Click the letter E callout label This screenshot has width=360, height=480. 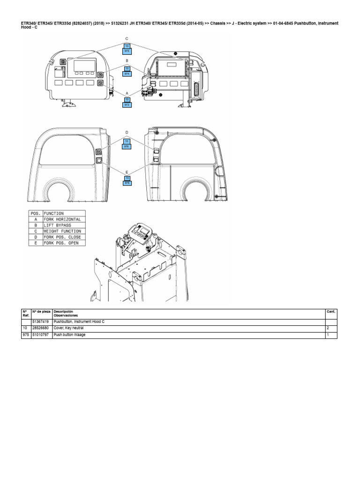click(x=127, y=172)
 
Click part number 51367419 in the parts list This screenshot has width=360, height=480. click(x=41, y=322)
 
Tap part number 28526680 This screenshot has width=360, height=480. click(x=41, y=329)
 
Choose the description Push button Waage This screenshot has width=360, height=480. click(x=70, y=335)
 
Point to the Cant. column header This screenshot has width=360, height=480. click(x=330, y=311)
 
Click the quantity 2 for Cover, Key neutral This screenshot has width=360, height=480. click(x=328, y=329)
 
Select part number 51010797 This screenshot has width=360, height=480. click(x=41, y=335)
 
